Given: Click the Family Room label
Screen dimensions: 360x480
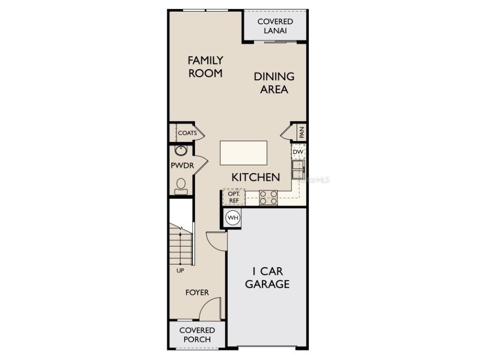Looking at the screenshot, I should point(205,67).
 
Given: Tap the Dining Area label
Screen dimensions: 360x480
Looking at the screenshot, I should point(274,82).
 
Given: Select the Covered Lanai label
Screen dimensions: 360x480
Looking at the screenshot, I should point(275,26).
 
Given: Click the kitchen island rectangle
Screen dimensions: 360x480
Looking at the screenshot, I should point(244,153).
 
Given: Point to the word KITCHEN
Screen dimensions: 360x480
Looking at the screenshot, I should point(256,177).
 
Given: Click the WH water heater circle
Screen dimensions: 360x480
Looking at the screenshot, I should point(233,217).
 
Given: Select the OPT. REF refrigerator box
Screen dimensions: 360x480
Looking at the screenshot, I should point(233,197).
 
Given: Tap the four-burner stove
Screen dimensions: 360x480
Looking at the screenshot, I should point(269,197).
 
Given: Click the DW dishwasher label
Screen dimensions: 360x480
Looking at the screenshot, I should point(298,152).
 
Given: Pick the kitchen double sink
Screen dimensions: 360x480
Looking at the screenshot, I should point(298,169).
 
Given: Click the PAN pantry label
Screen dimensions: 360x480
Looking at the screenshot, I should point(301,132).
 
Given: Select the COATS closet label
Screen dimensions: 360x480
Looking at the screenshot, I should point(187,133).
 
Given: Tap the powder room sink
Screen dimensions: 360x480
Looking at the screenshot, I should point(180,150).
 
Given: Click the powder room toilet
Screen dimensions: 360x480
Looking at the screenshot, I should point(181,186).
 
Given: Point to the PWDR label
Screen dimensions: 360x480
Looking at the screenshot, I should point(182,165).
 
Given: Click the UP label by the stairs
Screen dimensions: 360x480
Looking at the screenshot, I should point(180,271).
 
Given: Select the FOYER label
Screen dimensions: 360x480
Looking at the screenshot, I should point(197,292).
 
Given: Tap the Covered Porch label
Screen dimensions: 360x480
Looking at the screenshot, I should point(197,335).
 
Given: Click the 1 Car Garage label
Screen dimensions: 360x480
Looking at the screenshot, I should point(267,277).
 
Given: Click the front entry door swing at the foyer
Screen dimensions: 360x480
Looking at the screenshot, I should point(210,310).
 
